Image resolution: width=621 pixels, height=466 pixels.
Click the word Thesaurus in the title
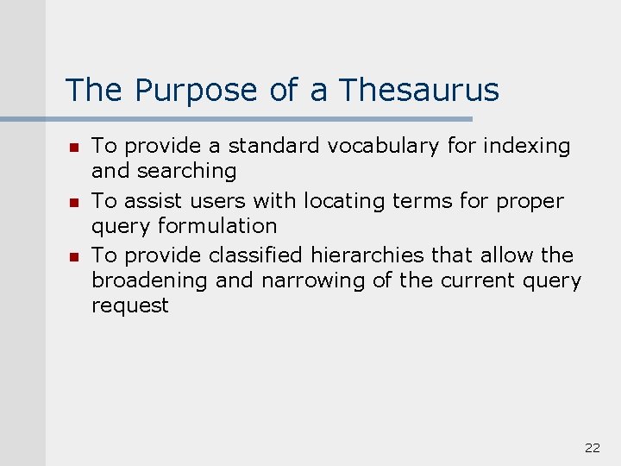(x=419, y=90)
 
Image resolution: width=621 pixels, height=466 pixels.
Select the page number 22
(x=592, y=447)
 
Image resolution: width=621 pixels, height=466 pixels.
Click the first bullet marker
(x=74, y=148)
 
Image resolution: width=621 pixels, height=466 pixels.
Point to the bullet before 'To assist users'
(x=74, y=203)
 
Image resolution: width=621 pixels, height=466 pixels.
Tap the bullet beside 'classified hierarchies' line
(x=74, y=257)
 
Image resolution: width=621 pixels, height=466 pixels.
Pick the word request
(x=129, y=305)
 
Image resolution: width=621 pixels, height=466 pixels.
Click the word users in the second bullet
(x=210, y=201)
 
